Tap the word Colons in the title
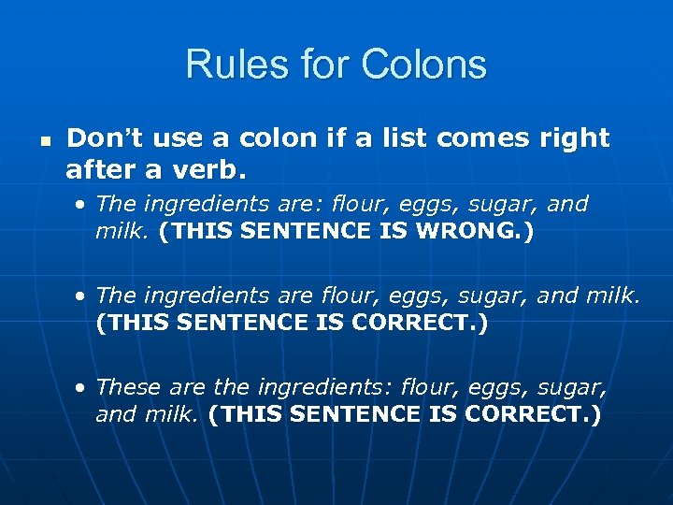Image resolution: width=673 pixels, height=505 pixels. pos(425,65)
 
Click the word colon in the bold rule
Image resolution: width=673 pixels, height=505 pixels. pos(276,138)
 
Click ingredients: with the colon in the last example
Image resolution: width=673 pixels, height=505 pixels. pos(317,385)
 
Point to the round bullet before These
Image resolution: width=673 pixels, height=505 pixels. pos(83,386)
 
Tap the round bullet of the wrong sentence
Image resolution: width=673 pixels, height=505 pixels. pos(83,204)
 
